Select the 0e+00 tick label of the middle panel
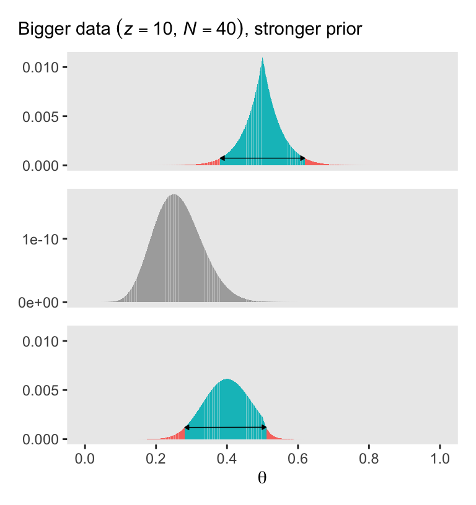pyautogui.click(x=42, y=302)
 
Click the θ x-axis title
pyautogui.click(x=262, y=478)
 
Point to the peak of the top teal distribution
pyautogui.click(x=263, y=59)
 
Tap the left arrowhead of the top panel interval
pyautogui.click(x=222, y=159)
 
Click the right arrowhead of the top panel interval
pyautogui.click(x=303, y=159)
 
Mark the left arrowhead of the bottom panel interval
pyautogui.click(x=187, y=428)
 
